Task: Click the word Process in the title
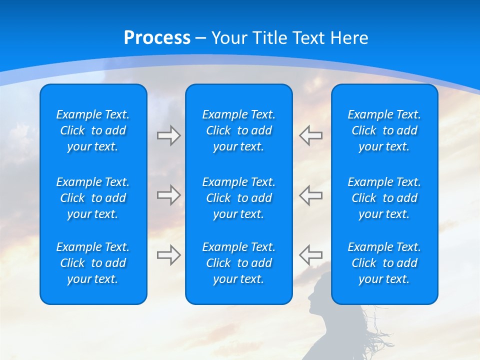pyautogui.click(x=157, y=38)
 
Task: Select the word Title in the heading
pyautogui.click(x=270, y=38)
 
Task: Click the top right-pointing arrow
pyautogui.click(x=168, y=135)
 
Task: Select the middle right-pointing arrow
pyautogui.click(x=168, y=195)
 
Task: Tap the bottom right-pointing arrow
pyautogui.click(x=168, y=255)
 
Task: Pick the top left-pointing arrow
pyautogui.click(x=310, y=135)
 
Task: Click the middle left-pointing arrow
pyautogui.click(x=310, y=195)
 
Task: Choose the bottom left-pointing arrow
pyautogui.click(x=310, y=255)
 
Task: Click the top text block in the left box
pyautogui.click(x=93, y=130)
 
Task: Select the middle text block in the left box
pyautogui.click(x=93, y=198)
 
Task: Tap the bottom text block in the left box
pyautogui.click(x=93, y=263)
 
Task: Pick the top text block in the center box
pyautogui.click(x=238, y=130)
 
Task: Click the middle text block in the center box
pyautogui.click(x=238, y=198)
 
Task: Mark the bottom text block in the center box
pyautogui.click(x=238, y=263)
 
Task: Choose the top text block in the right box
pyautogui.click(x=384, y=130)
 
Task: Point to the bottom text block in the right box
pyautogui.click(x=384, y=263)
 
